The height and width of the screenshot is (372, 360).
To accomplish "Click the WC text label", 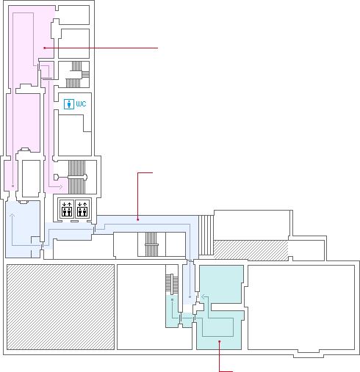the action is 81,104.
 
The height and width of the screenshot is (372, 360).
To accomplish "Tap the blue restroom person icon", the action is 69,104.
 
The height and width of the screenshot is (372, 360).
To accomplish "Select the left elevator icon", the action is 67,209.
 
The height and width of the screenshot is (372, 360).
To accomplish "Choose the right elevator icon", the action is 82,209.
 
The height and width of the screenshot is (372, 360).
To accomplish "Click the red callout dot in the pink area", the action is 45,48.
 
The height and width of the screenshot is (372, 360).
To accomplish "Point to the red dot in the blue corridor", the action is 138,219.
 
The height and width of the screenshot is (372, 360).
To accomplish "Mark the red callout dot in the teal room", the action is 220,341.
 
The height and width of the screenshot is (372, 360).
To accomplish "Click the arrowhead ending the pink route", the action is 61,187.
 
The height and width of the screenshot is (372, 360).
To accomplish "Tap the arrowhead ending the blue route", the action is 12,215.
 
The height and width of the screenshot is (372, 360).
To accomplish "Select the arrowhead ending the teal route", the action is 203,297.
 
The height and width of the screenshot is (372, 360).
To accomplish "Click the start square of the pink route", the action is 12,186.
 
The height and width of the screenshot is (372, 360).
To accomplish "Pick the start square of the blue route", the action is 190,296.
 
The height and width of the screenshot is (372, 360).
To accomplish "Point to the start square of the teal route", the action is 173,299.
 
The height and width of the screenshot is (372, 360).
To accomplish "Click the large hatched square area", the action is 60,307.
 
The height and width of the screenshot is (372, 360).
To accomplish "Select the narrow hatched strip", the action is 251,250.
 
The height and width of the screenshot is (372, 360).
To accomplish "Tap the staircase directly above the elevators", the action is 76,177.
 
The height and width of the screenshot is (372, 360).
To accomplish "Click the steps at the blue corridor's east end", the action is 206,236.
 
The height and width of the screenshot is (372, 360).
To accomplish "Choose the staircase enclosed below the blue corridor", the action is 151,244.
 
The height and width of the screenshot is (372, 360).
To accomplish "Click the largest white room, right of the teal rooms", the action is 301,307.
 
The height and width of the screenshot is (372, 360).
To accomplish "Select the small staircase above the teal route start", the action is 172,284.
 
